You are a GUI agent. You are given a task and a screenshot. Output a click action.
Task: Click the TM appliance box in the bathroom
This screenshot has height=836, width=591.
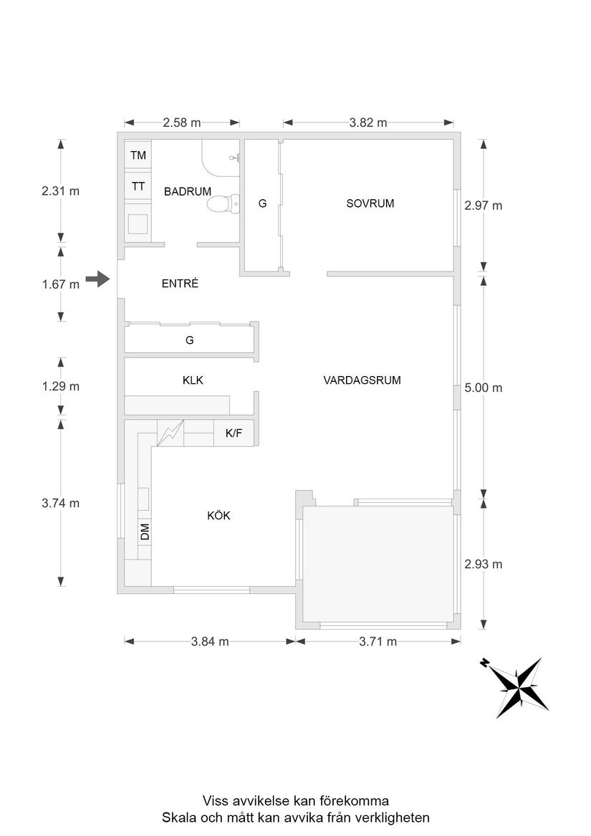point(138,155)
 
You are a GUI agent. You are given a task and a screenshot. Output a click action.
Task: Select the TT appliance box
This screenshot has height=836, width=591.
point(138,186)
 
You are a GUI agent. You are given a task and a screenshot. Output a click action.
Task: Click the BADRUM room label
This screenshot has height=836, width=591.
point(187,191)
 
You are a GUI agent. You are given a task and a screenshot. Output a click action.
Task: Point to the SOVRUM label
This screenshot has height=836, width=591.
point(370,203)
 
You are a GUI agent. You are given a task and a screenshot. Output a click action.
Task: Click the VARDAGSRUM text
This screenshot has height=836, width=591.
point(362,380)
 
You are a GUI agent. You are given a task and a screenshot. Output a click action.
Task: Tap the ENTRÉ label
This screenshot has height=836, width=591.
point(180,284)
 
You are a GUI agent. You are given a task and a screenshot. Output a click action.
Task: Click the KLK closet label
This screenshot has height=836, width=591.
point(193,380)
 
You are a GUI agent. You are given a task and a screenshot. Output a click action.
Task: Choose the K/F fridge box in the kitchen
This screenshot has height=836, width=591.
point(234,433)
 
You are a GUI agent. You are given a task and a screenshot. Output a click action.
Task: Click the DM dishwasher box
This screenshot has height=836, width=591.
point(144,532)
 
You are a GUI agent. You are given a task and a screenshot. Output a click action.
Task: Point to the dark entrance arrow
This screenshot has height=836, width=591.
point(97,279)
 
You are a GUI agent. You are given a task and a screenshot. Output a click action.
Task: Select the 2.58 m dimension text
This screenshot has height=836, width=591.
point(181,122)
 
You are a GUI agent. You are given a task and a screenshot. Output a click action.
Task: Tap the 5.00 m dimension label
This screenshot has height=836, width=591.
point(484,388)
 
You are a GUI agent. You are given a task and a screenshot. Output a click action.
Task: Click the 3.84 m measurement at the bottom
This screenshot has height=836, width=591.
point(210,641)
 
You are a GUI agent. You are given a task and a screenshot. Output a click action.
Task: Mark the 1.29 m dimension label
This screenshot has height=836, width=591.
point(60,386)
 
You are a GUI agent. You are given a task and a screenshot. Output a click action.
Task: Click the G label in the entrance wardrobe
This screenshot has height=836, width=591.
point(189,340)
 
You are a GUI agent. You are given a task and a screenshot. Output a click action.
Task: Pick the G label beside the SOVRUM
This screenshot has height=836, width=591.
point(262,204)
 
